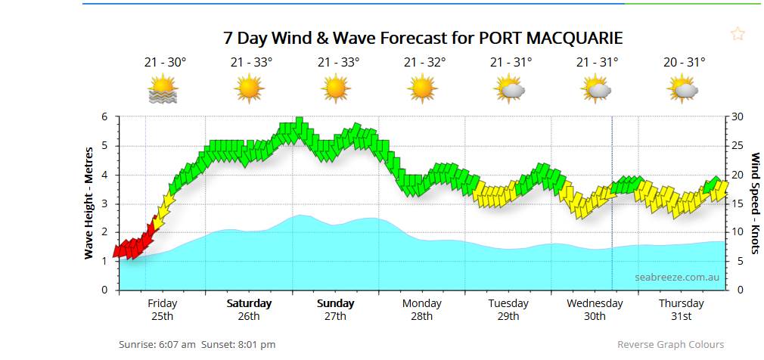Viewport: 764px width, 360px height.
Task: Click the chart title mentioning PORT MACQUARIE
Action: [423, 38]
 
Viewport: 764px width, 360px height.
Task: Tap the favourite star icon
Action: [738, 33]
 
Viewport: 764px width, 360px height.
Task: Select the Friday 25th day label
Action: [162, 309]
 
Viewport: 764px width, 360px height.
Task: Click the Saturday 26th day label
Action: [249, 309]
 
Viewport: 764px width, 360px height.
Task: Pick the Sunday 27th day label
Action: [335, 309]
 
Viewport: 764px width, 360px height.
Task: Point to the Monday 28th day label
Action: [421, 309]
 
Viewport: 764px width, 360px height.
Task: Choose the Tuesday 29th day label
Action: [508, 309]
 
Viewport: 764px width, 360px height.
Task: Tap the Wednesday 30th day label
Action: [595, 309]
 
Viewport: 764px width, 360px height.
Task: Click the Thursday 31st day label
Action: [681, 309]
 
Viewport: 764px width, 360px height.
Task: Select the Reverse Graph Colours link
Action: [670, 345]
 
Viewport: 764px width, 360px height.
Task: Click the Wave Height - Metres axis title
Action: [89, 203]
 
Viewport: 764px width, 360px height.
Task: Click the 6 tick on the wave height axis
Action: [105, 117]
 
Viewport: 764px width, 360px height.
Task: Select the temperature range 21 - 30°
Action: [165, 63]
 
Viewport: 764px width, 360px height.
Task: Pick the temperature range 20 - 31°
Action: [684, 63]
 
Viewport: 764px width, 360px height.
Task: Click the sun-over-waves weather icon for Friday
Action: [163, 89]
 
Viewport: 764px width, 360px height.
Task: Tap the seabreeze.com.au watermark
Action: [676, 277]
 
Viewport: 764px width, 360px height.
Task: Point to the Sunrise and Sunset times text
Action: [197, 345]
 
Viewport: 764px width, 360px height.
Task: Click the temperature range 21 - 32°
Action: [424, 63]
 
